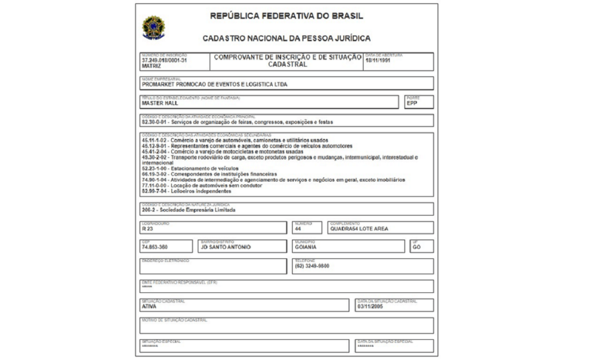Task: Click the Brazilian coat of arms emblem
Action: tap(153, 27)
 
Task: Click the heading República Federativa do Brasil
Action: tap(286, 16)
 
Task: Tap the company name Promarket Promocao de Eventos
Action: tap(214, 84)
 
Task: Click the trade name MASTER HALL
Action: tap(160, 103)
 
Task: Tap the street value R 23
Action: tap(147, 229)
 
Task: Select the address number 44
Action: tap(299, 229)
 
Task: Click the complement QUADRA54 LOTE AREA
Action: tap(359, 229)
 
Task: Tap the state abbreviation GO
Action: tap(417, 247)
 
